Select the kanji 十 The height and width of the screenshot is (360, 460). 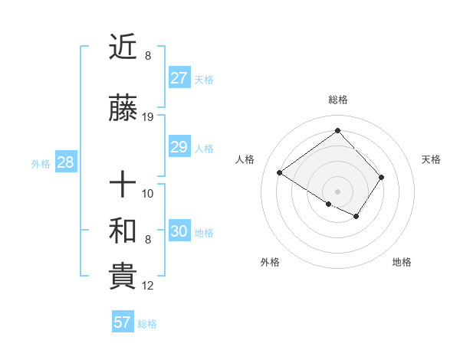(123, 185)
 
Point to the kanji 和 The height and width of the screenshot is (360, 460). (123, 230)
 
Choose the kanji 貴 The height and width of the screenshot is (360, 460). (123, 277)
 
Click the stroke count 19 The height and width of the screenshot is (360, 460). (148, 117)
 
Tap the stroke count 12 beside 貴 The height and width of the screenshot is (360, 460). (148, 286)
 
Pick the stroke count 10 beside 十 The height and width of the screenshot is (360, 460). (148, 193)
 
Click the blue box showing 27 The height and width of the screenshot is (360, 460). (179, 78)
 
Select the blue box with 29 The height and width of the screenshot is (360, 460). (179, 147)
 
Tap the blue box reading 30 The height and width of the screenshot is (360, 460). (179, 231)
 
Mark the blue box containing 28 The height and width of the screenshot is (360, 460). (64, 162)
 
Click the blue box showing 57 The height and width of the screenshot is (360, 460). (122, 322)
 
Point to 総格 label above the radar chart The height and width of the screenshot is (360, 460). (337, 100)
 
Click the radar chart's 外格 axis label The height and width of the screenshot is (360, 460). (270, 262)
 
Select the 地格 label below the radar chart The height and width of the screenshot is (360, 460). (402, 262)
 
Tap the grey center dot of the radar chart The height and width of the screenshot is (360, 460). (337, 191)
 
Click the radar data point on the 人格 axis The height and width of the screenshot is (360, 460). (280, 173)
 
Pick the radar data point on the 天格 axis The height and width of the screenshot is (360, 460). (381, 177)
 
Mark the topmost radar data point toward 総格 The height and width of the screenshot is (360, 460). (337, 131)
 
